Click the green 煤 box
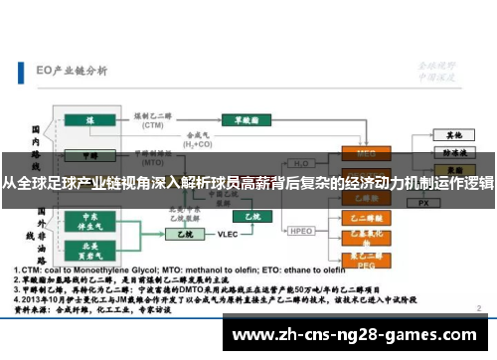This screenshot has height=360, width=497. point(88,119)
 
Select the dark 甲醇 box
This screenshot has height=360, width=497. point(88,155)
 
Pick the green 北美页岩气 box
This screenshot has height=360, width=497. point(90,248)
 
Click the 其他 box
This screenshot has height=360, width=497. point(453,134)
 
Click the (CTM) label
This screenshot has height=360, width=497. point(152,126)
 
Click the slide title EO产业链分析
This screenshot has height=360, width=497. point(72,72)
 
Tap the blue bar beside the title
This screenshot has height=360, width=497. point(22,72)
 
